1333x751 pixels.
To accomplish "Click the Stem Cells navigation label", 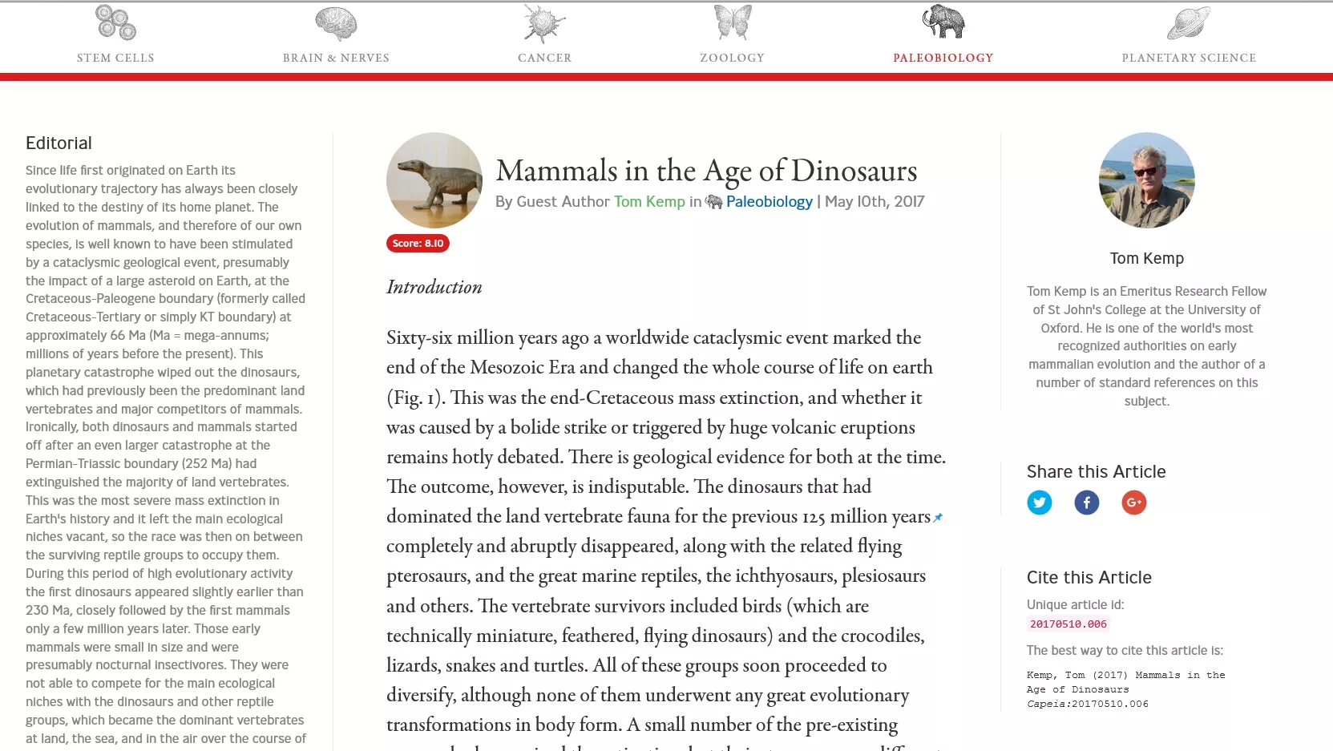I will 115,58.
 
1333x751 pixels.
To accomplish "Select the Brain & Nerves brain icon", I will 336,23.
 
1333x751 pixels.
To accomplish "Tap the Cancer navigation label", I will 544,58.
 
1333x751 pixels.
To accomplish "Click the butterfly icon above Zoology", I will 733,22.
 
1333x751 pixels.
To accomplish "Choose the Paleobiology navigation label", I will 943,58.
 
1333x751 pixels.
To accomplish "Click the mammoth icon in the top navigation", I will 943,22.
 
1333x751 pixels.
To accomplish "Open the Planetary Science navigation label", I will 1188,58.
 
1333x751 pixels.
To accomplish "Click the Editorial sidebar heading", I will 59,143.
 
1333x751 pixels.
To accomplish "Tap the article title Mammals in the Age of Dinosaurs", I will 706,171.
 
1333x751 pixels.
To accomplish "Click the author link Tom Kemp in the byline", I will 649,202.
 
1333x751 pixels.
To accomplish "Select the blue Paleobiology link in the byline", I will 769,202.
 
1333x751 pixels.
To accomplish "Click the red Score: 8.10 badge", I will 418,244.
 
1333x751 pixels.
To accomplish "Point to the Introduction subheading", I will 434,287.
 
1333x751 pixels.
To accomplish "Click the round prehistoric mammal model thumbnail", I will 434,180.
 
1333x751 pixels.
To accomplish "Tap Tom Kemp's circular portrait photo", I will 1146,180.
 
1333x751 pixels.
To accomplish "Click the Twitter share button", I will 1039,503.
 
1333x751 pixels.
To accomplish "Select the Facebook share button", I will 1086,503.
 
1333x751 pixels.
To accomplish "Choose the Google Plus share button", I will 1133,503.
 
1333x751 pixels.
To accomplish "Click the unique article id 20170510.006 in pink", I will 1068,624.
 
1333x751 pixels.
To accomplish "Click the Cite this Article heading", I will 1089,577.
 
